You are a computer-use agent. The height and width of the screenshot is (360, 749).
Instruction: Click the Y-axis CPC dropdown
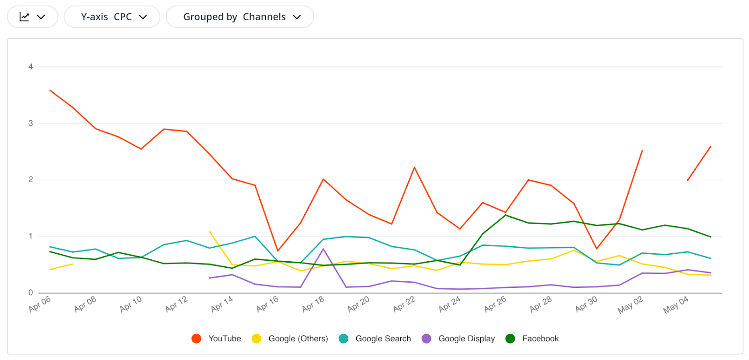pos(112,17)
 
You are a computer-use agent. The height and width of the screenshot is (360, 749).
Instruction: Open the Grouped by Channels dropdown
pos(240,17)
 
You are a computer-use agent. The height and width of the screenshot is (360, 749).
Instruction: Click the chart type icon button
pos(32,17)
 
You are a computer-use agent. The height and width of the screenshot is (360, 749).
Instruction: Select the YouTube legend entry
pos(217,338)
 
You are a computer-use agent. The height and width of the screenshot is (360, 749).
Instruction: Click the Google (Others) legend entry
pos(290,338)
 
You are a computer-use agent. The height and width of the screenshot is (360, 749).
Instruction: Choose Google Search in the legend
pos(375,338)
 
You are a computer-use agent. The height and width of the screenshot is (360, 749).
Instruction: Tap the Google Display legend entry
pos(458,338)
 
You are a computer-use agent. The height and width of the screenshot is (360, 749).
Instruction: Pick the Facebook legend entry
pos(533,338)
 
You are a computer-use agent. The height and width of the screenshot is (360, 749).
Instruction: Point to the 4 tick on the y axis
pos(31,67)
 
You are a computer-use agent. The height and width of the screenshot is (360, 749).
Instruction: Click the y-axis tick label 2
pos(31,180)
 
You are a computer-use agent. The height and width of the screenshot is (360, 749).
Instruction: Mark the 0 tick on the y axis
pos(31,293)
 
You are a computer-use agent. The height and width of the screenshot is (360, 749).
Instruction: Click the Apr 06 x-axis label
pos(40,304)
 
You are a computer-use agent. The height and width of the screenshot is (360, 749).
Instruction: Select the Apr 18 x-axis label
pos(313,304)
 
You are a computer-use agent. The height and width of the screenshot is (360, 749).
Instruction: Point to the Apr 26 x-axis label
pos(495,304)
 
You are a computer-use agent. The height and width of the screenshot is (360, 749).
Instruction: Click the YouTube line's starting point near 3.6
pos(50,90)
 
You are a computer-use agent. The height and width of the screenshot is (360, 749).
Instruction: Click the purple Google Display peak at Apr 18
pos(323,249)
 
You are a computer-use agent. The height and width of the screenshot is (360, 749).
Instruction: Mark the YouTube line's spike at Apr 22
pos(414,168)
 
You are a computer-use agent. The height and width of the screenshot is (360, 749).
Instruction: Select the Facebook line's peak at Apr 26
pos(506,215)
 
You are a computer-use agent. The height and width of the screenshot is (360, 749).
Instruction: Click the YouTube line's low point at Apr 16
pos(278,250)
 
